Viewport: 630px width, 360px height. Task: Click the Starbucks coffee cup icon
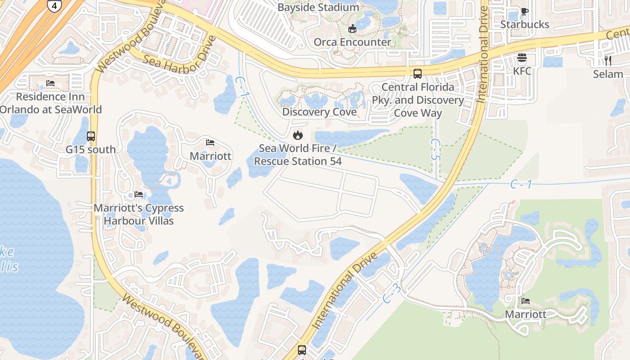524,11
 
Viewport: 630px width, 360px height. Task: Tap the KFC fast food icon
522,58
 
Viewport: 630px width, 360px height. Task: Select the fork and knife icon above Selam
607,60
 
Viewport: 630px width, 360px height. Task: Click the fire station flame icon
297,135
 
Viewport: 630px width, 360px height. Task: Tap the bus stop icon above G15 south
91,136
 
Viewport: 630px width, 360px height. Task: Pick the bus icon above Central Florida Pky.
418,73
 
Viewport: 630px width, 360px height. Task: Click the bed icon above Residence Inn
50,83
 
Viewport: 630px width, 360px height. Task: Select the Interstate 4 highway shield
54,5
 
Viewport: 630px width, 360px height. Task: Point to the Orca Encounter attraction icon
352,28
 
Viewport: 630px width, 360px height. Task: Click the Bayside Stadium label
318,8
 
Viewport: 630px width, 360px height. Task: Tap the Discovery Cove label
319,112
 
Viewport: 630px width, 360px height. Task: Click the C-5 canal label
435,150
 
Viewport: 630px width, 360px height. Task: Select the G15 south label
91,149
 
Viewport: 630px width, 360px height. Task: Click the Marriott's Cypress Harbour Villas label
139,214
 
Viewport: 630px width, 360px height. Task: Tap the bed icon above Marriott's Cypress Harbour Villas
139,194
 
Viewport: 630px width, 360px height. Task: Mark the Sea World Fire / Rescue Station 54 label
297,154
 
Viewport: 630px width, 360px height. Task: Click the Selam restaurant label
608,74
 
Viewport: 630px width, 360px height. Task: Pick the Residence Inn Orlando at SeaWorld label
50,103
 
